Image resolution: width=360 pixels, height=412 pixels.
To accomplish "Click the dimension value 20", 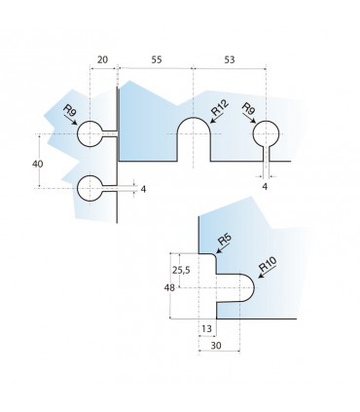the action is [102, 60].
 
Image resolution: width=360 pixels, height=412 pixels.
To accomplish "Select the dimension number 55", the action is [156, 60].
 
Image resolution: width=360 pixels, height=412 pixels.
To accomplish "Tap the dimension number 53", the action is [229, 60].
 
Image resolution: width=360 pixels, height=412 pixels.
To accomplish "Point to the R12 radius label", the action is [220, 108].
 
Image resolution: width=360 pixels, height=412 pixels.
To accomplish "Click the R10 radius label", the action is [268, 265].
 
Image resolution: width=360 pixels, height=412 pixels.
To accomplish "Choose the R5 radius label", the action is [225, 240].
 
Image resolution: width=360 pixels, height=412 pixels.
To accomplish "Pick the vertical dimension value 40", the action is [38, 165].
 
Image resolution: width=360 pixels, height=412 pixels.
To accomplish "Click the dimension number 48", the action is [169, 287].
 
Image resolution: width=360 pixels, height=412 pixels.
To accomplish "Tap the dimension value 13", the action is [206, 329].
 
